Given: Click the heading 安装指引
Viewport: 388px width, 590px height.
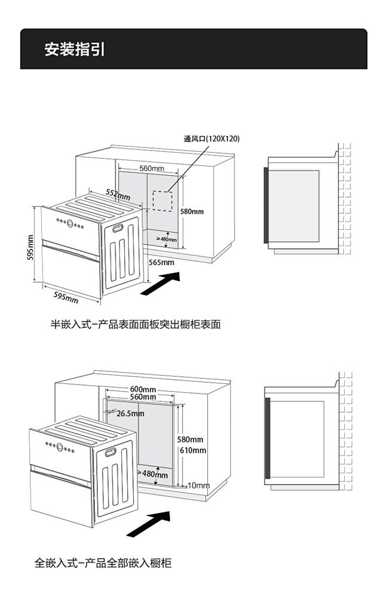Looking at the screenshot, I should [x=74, y=50].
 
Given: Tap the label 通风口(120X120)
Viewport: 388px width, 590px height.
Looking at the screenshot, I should [x=211, y=139].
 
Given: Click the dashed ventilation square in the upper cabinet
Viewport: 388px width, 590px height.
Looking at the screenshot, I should [x=162, y=200].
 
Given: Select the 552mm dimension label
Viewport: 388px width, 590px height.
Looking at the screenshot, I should [x=118, y=194].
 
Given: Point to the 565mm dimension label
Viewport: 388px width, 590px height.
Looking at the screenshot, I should [x=161, y=262].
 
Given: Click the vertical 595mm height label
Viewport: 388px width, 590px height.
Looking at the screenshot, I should [x=30, y=247].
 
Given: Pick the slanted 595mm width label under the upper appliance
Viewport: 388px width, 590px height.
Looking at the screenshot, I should [x=66, y=297].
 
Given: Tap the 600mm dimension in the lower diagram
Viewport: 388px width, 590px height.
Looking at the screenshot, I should [x=143, y=390].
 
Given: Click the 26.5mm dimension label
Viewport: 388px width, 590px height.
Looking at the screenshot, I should [x=130, y=413].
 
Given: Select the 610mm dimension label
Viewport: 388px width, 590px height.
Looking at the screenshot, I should [x=193, y=450].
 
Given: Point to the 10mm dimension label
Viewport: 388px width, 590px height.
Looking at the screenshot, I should [x=198, y=485].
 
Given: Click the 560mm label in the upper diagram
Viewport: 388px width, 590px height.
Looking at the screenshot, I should [x=152, y=168].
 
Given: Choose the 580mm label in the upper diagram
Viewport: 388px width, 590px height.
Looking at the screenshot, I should [x=192, y=211].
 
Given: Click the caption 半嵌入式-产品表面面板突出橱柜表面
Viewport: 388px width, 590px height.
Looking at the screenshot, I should [x=135, y=324].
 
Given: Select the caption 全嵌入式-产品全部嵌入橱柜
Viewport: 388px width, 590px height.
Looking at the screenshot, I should [x=103, y=563].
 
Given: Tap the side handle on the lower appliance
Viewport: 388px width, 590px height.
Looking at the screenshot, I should [x=112, y=452].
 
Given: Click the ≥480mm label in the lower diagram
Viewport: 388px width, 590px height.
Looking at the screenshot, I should [x=153, y=474].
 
